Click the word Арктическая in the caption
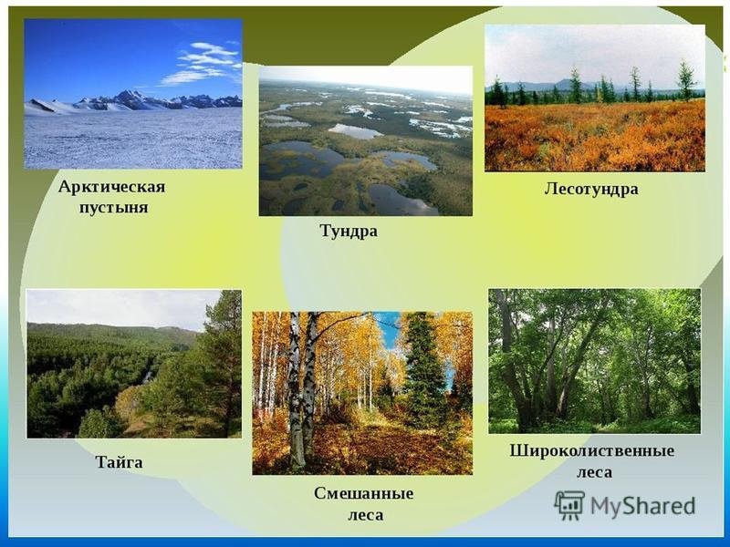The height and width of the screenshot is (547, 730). point(111,187)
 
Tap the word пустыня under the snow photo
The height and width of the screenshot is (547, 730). point(113,208)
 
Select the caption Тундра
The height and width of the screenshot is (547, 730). point(349,232)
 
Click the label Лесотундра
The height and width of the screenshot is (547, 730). point(591,189)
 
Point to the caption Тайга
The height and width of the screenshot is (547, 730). point(120,462)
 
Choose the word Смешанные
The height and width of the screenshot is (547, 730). point(363,493)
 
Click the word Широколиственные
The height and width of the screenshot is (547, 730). point(591,450)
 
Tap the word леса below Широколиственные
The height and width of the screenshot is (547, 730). point(595,472)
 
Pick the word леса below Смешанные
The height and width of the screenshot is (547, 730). point(366,515)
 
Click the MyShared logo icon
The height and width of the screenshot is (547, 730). point(569,505)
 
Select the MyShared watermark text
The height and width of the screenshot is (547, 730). point(643,506)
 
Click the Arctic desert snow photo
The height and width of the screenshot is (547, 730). point(133,94)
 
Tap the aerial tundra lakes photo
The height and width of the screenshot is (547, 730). point(366,141)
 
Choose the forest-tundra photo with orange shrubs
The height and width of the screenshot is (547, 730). point(595,98)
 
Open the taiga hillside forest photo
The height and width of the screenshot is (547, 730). point(134,364)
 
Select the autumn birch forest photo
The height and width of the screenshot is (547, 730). point(362,393)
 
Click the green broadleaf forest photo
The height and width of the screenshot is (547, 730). point(595,361)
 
